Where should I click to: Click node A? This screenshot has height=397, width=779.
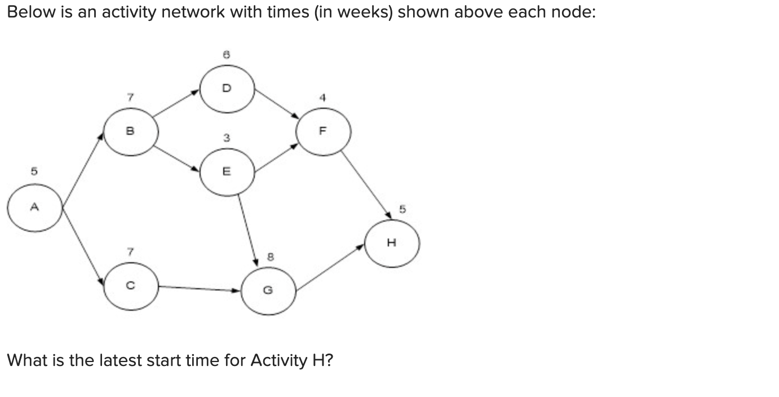[34, 208]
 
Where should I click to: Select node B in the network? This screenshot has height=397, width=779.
[131, 131]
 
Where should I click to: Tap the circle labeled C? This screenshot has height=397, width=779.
[131, 286]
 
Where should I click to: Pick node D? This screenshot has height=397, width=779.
[227, 89]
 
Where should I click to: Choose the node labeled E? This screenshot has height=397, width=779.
[227, 172]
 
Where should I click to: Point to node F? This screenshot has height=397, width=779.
[323, 131]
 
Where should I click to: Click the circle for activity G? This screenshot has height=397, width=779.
[268, 290]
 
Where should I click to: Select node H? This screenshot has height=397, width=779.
[392, 243]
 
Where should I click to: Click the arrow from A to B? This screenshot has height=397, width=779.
[83, 170]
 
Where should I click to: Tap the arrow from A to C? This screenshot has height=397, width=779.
[83, 245]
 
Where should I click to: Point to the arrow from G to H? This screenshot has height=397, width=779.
[330, 267]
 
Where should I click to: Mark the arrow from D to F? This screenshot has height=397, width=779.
[276, 103]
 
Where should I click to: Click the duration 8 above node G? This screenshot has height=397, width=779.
[271, 257]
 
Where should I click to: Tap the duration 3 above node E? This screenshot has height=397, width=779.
[226, 137]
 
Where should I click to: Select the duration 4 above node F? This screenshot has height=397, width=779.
[323, 97]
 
